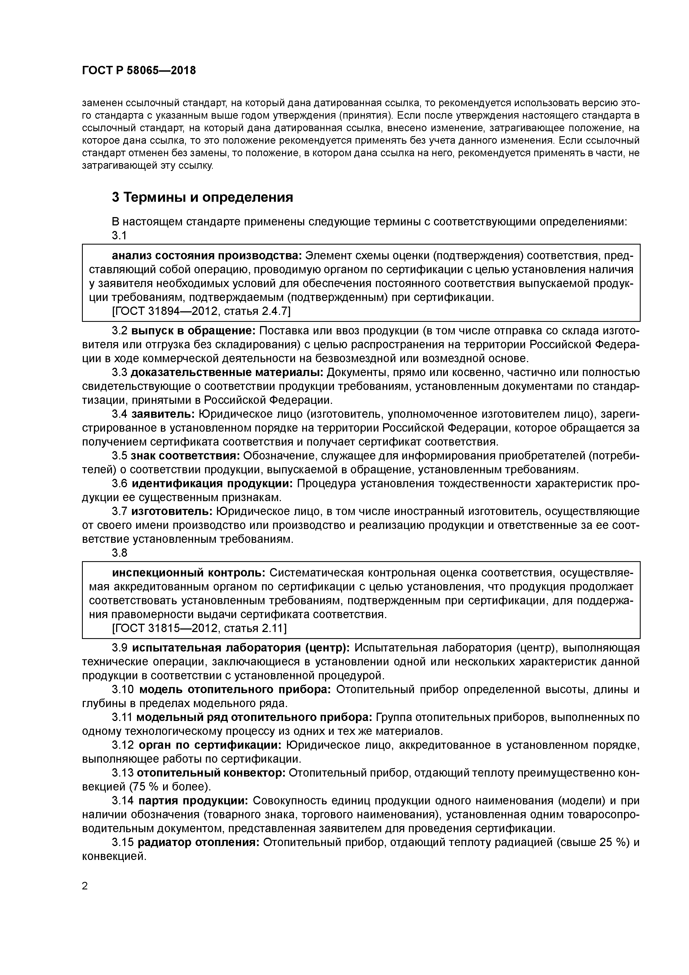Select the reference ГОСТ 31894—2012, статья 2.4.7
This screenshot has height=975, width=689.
tap(201, 311)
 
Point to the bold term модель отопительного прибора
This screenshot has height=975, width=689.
tap(235, 689)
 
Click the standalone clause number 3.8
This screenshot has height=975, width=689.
tap(119, 553)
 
